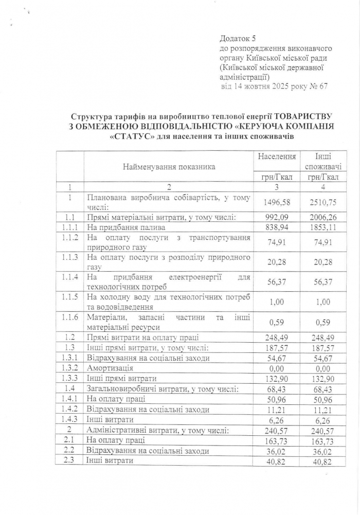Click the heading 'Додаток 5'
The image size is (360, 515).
[x=237, y=39]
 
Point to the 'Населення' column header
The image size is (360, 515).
[x=277, y=156]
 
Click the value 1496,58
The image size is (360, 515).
[x=277, y=202]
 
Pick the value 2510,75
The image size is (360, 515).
[x=322, y=202]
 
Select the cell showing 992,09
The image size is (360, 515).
[x=277, y=218]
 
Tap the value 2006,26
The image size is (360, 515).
[x=322, y=218]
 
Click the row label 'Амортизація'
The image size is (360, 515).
[x=111, y=368]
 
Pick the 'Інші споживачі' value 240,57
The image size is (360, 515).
[x=322, y=431]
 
